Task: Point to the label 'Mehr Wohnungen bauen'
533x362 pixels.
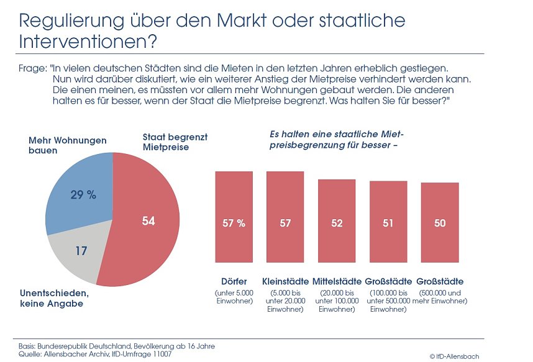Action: pos(58,145)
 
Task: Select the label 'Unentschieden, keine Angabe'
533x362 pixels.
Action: pos(59,299)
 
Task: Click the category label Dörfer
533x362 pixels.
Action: pos(234,281)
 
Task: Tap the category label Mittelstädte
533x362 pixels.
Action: pos(337,281)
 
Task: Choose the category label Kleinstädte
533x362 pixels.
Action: pos(285,281)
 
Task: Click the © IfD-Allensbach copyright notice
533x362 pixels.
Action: pos(454,356)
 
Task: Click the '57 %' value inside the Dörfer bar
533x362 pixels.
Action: pos(234,224)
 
